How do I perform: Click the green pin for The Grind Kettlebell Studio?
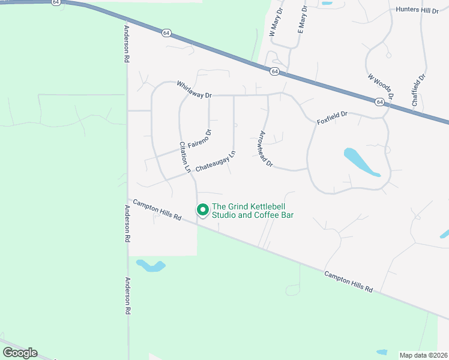202,210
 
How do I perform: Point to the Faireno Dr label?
200,139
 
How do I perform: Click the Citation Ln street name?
185,157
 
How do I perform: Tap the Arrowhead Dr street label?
265,149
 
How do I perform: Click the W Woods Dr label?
381,87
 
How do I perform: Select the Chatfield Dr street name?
418,90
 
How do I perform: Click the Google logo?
20,352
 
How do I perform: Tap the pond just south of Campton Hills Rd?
151,265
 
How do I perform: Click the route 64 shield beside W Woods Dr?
380,102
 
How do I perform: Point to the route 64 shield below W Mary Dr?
274,71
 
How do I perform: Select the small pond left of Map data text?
381,352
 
